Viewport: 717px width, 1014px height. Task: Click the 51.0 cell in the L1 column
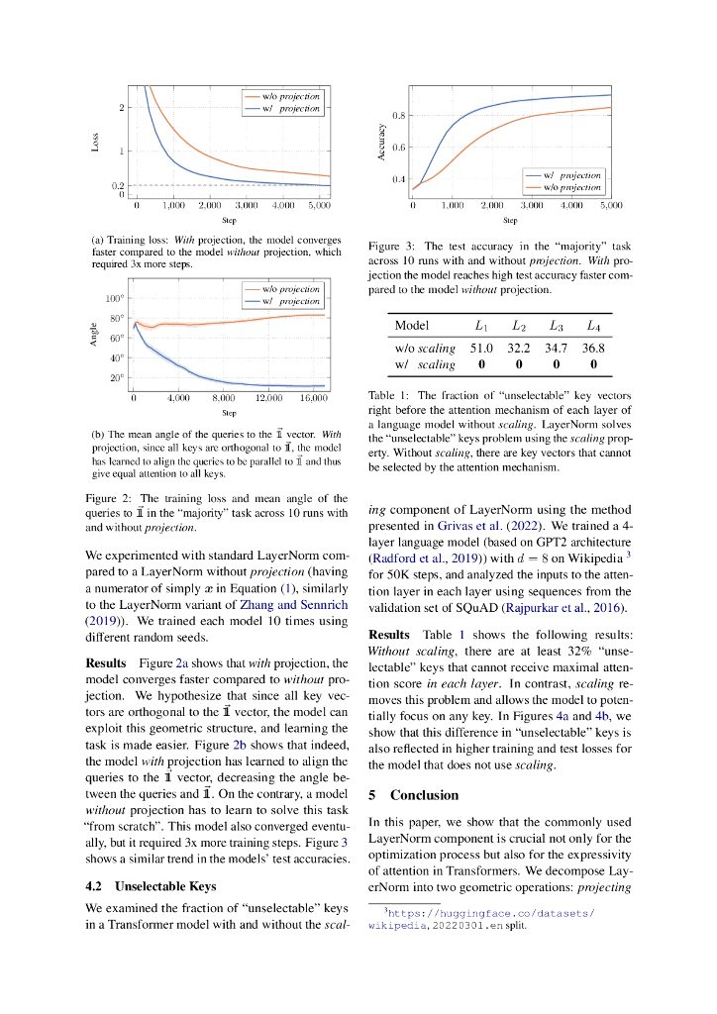[x=481, y=349]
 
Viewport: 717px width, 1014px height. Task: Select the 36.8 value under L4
[x=593, y=349]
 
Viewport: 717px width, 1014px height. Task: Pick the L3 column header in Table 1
[x=557, y=326]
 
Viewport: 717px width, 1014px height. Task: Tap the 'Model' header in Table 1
[x=412, y=326]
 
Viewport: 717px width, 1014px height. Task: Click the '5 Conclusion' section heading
[x=413, y=795]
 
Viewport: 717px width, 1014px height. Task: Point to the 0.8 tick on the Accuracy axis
[x=398, y=116]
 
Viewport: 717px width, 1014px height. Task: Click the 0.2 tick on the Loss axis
[x=119, y=185]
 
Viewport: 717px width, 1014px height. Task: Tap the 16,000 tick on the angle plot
[x=313, y=398]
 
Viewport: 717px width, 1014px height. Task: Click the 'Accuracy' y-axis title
[x=381, y=142]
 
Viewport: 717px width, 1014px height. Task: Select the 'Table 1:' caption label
[x=388, y=395]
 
